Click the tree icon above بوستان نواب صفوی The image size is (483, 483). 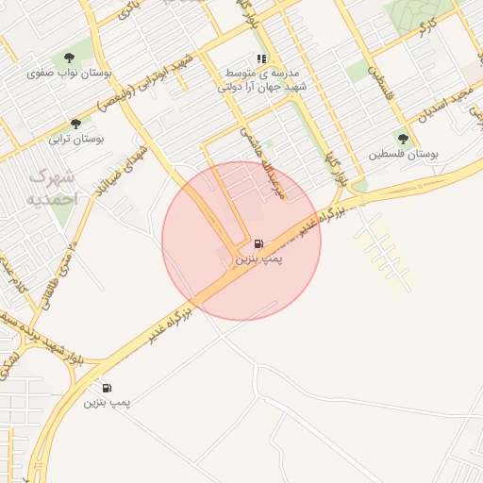tap(70, 58)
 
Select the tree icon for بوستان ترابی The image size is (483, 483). tap(75, 123)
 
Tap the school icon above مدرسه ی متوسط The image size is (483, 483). tap(260, 58)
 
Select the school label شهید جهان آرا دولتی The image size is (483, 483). tap(259, 87)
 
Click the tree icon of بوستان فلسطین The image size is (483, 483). tap(403, 138)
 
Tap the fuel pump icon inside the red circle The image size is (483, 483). tap(258, 242)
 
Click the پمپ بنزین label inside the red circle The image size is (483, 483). tap(258, 257)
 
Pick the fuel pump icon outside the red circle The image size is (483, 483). tap(106, 387)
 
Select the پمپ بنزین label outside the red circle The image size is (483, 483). tap(107, 402)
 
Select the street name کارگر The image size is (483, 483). tap(426, 25)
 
